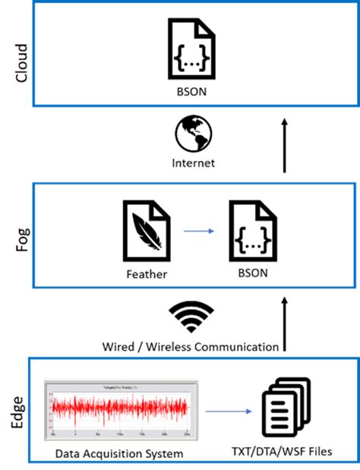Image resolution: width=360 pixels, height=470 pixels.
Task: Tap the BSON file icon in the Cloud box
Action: (192, 47)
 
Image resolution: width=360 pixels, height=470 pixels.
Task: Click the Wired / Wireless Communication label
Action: (191, 346)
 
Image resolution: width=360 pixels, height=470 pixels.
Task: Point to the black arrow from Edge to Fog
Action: (285, 325)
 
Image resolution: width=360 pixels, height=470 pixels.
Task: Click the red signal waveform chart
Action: (120, 411)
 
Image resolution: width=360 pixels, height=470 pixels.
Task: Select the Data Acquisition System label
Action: (120, 453)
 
